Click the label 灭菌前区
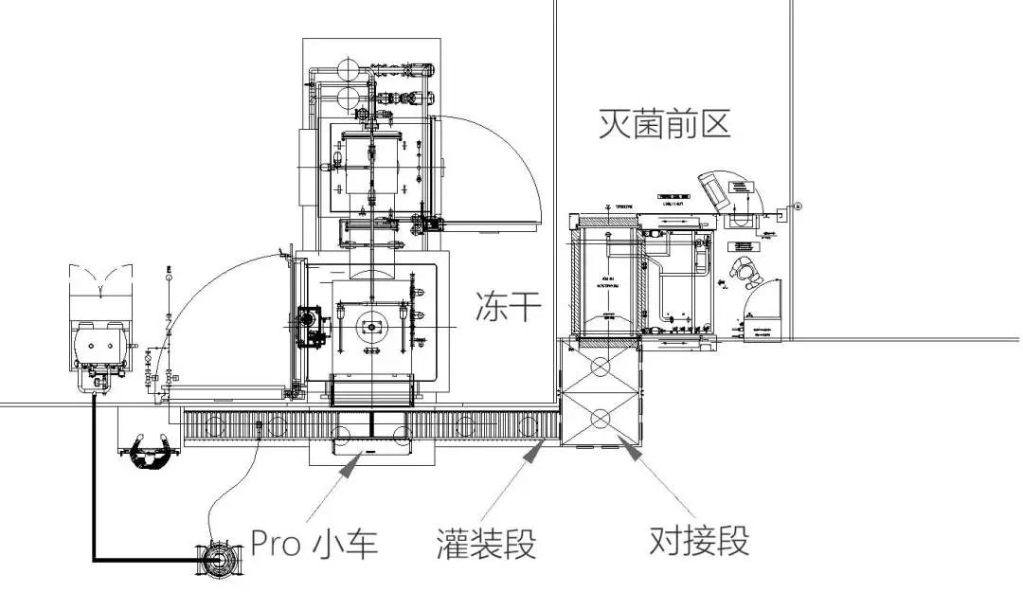(x=664, y=123)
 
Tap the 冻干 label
(x=507, y=307)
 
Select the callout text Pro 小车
(x=314, y=543)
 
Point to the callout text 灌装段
(x=486, y=544)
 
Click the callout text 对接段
(x=699, y=541)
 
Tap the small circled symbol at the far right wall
(x=799, y=206)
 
